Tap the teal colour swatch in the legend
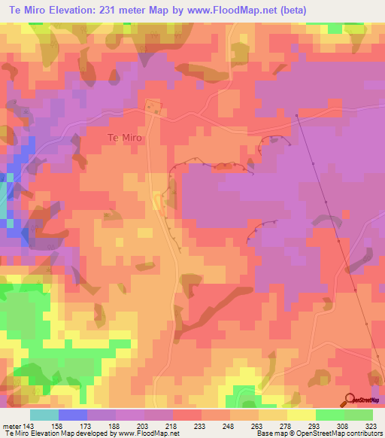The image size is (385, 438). [44, 415]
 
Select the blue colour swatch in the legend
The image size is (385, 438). [73, 415]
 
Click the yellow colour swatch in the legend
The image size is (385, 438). [302, 415]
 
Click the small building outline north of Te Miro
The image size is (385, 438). [153, 108]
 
